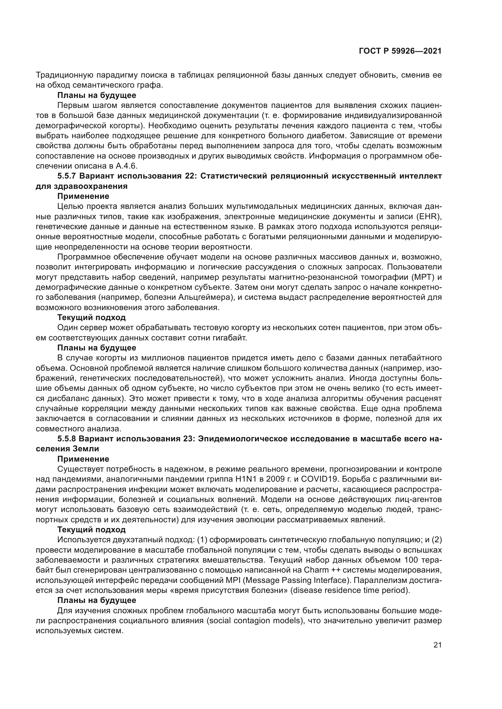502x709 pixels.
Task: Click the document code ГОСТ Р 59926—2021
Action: pyautogui.click(x=400, y=51)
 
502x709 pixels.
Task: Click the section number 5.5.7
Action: pyautogui.click(x=67, y=176)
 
